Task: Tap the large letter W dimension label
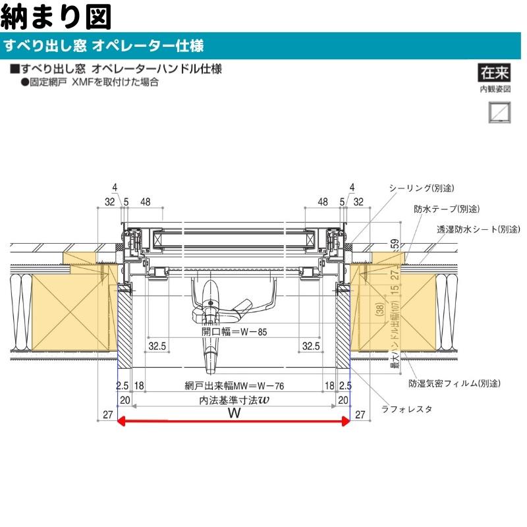pos(233,413)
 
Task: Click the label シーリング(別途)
pos(422,188)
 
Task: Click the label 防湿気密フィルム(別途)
pos(453,383)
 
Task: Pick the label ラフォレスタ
pos(406,409)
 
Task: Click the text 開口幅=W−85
pos(234,332)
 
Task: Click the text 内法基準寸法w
pos(234,399)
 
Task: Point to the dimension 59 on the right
pos(394,245)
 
